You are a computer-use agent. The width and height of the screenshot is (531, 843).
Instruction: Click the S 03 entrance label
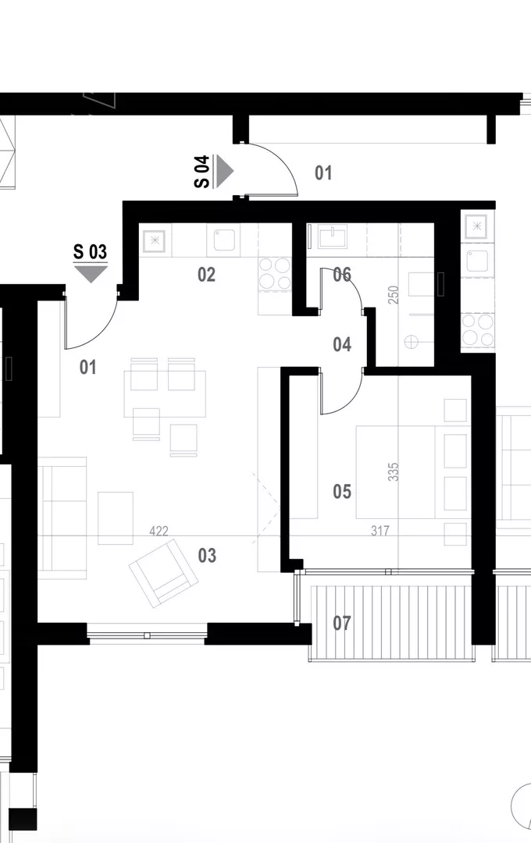click(91, 251)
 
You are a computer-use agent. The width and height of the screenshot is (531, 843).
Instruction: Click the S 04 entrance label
click(201, 172)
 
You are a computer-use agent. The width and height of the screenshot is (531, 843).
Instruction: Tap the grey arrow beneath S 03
click(91, 274)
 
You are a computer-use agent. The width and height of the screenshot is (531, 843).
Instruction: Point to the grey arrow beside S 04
click(224, 171)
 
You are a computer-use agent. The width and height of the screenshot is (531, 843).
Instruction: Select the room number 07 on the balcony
click(342, 623)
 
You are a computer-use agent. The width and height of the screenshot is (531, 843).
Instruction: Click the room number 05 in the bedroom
click(342, 492)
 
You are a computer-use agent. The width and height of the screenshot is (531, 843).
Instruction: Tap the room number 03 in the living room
click(207, 555)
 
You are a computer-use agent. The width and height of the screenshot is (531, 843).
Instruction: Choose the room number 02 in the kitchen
click(207, 275)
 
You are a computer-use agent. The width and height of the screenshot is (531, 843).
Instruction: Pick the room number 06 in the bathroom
click(342, 275)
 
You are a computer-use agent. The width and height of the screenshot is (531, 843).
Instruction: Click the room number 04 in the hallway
click(342, 344)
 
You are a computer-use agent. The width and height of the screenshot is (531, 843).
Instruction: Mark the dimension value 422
click(159, 532)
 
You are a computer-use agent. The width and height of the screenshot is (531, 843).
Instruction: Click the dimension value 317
click(380, 532)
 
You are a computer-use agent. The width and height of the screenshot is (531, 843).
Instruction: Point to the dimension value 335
click(394, 471)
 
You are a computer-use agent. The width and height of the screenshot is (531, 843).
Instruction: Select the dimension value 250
click(394, 294)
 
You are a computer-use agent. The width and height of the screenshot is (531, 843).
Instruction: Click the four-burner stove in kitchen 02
click(275, 274)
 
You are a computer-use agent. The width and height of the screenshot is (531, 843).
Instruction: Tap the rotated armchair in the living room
click(163, 573)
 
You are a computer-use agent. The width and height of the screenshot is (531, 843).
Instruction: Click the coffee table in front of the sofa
click(115, 518)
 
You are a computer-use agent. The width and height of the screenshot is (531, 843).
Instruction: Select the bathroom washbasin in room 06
click(333, 237)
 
